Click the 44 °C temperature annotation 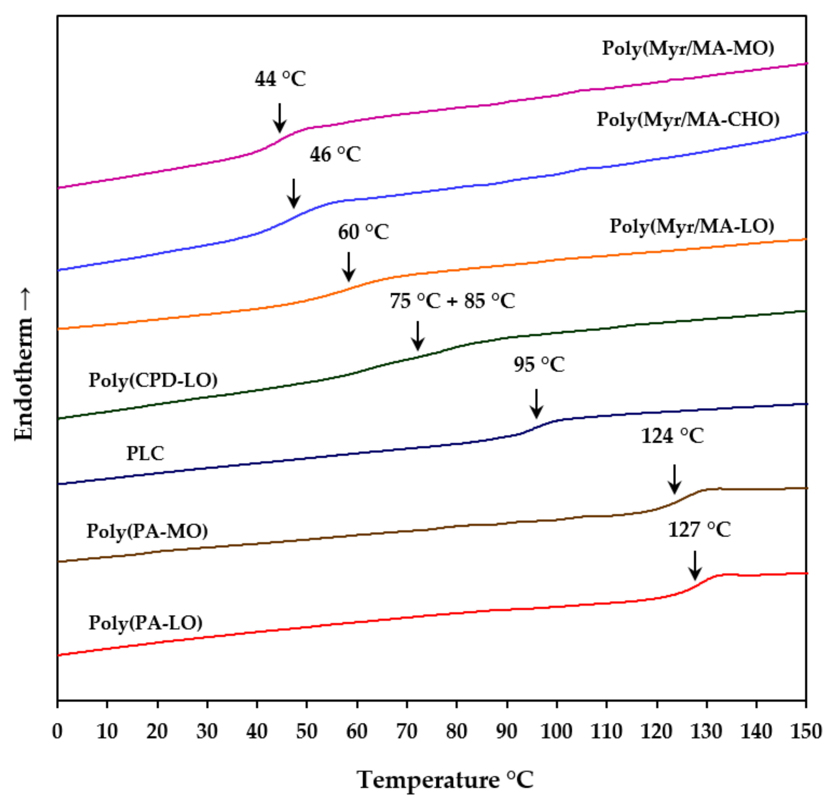tap(280, 79)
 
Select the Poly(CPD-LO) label tap(153, 380)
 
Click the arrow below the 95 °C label tap(537, 403)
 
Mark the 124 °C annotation tap(672, 436)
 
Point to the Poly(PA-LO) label tap(145, 623)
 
